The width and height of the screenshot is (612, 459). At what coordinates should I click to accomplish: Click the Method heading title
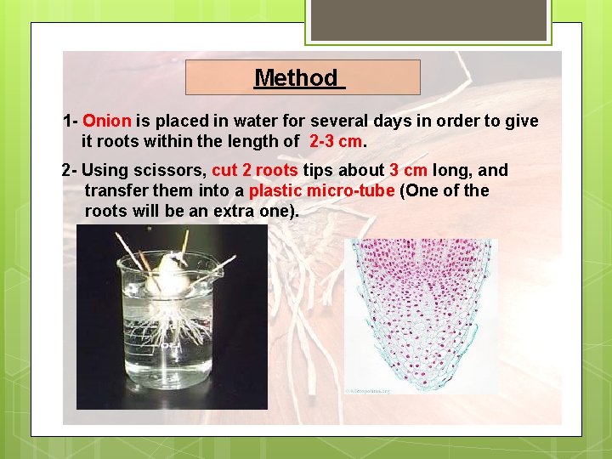tap(297, 78)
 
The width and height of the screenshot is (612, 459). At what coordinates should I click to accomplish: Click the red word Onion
tap(106, 122)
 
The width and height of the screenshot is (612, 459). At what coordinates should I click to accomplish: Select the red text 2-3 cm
tap(336, 141)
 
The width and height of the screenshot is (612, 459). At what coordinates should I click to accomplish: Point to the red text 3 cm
tap(408, 170)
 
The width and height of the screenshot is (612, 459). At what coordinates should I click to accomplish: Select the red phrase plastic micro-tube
tap(321, 190)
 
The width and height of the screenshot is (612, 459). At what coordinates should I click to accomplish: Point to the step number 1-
tap(71, 122)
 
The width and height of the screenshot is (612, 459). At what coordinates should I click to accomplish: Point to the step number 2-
tap(71, 170)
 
